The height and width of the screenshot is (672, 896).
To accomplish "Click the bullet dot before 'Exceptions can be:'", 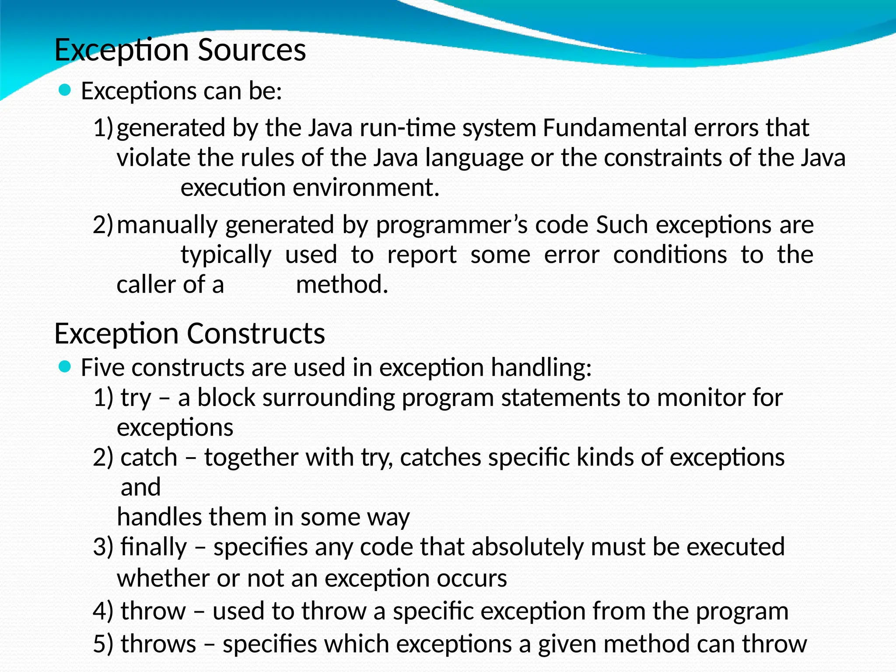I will pyautogui.click(x=64, y=91).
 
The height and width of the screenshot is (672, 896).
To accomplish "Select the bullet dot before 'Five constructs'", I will pyautogui.click(x=64, y=367).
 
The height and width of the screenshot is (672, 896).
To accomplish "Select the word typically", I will pyautogui.click(x=226, y=255).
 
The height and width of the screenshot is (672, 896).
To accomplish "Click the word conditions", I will pyautogui.click(x=670, y=255).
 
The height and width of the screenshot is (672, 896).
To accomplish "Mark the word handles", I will pyautogui.click(x=159, y=517).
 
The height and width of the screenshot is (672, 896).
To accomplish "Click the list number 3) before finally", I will pyautogui.click(x=103, y=547).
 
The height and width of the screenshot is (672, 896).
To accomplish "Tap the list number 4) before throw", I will pyautogui.click(x=103, y=611).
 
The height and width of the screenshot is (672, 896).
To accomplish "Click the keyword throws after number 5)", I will pyautogui.click(x=158, y=644).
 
